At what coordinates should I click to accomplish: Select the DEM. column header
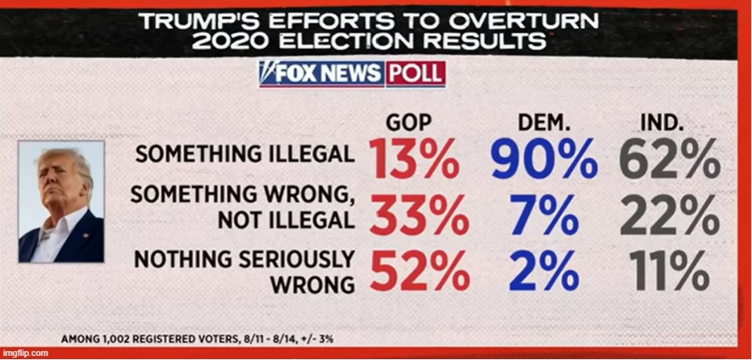[545, 124]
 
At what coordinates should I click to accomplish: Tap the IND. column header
[662, 124]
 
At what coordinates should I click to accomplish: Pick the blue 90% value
[545, 159]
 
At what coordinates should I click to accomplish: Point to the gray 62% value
[669, 159]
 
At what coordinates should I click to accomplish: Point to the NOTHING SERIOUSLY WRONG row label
[243, 271]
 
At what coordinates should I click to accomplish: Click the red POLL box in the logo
[414, 74]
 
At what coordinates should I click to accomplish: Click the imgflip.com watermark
[26, 353]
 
